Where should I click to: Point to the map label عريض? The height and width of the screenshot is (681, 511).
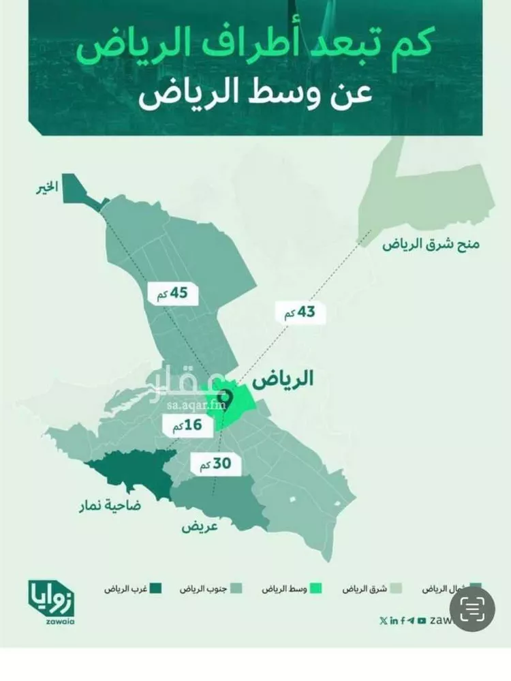[x=196, y=527]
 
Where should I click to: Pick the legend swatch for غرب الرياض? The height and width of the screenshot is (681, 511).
[x=156, y=588]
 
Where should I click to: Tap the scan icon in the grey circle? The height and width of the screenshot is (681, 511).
[x=474, y=609]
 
